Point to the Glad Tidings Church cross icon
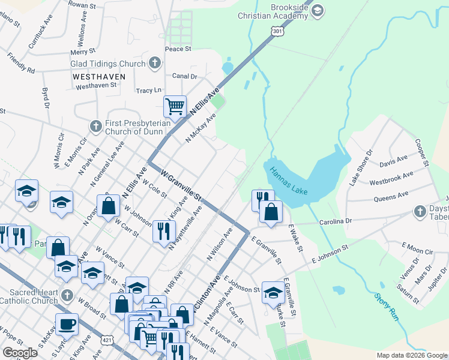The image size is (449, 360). click(154, 62)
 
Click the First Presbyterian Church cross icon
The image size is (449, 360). click(95, 126)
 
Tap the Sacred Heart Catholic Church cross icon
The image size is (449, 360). click(67, 295)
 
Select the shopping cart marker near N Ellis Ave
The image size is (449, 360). click(175, 107)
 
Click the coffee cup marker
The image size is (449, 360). click(67, 325)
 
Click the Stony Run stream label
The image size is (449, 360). click(386, 307)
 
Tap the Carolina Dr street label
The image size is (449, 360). click(335, 221)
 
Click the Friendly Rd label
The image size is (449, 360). click(20, 63)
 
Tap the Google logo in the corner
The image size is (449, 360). click(20, 353)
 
